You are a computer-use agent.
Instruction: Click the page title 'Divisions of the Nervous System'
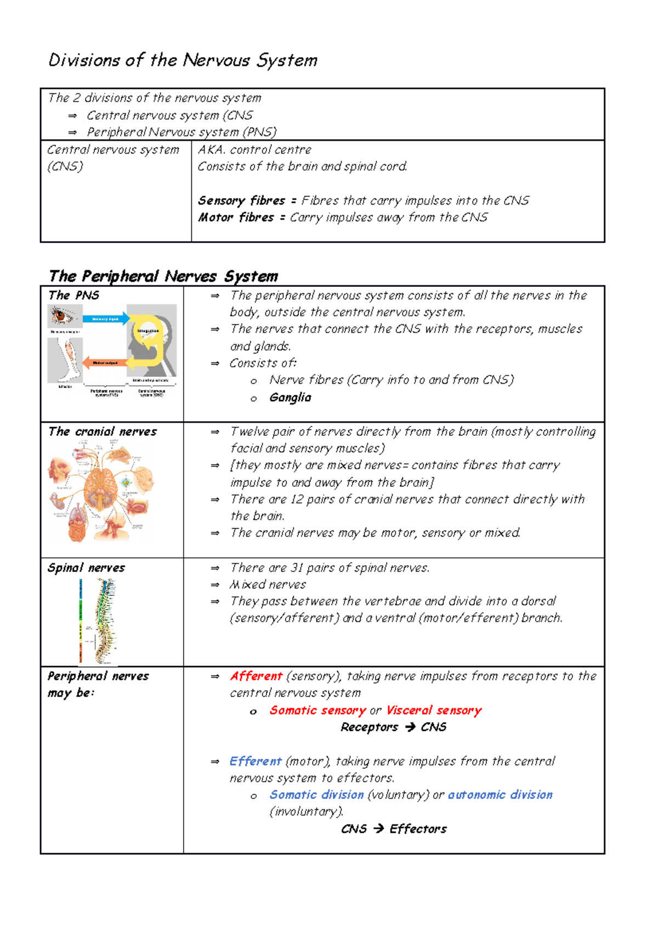pos(183,60)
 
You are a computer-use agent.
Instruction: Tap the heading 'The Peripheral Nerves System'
pos(163,276)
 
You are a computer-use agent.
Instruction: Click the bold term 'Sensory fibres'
pos(241,201)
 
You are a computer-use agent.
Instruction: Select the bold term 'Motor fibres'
pos(236,218)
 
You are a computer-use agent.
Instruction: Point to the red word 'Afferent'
pos(256,676)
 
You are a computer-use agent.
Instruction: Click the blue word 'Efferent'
pos(255,761)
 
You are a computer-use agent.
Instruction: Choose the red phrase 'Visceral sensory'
pos(433,711)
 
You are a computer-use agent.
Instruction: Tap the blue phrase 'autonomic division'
pos(500,795)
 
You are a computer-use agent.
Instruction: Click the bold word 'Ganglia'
pos(290,398)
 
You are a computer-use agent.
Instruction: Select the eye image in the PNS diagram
pos(65,316)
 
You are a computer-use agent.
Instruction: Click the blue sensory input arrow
pos(106,319)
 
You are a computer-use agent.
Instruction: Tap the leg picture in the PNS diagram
pos(66,359)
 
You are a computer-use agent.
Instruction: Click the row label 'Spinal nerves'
pos(86,568)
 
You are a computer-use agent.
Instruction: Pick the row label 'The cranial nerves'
pos(102,432)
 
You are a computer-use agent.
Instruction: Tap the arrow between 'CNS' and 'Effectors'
pos(378,829)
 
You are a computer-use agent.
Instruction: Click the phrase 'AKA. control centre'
pos(254,150)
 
